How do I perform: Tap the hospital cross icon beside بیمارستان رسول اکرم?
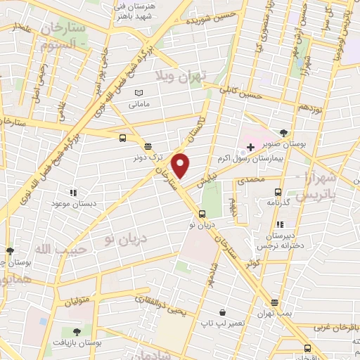click(x=250, y=148)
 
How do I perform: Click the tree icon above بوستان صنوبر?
click(x=283, y=132)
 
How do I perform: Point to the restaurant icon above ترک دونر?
click(x=148, y=146)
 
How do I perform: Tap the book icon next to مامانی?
click(x=139, y=93)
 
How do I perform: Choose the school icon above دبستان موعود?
click(x=72, y=191)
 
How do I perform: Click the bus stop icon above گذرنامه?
click(x=278, y=191)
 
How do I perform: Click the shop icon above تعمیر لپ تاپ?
click(x=222, y=312)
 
